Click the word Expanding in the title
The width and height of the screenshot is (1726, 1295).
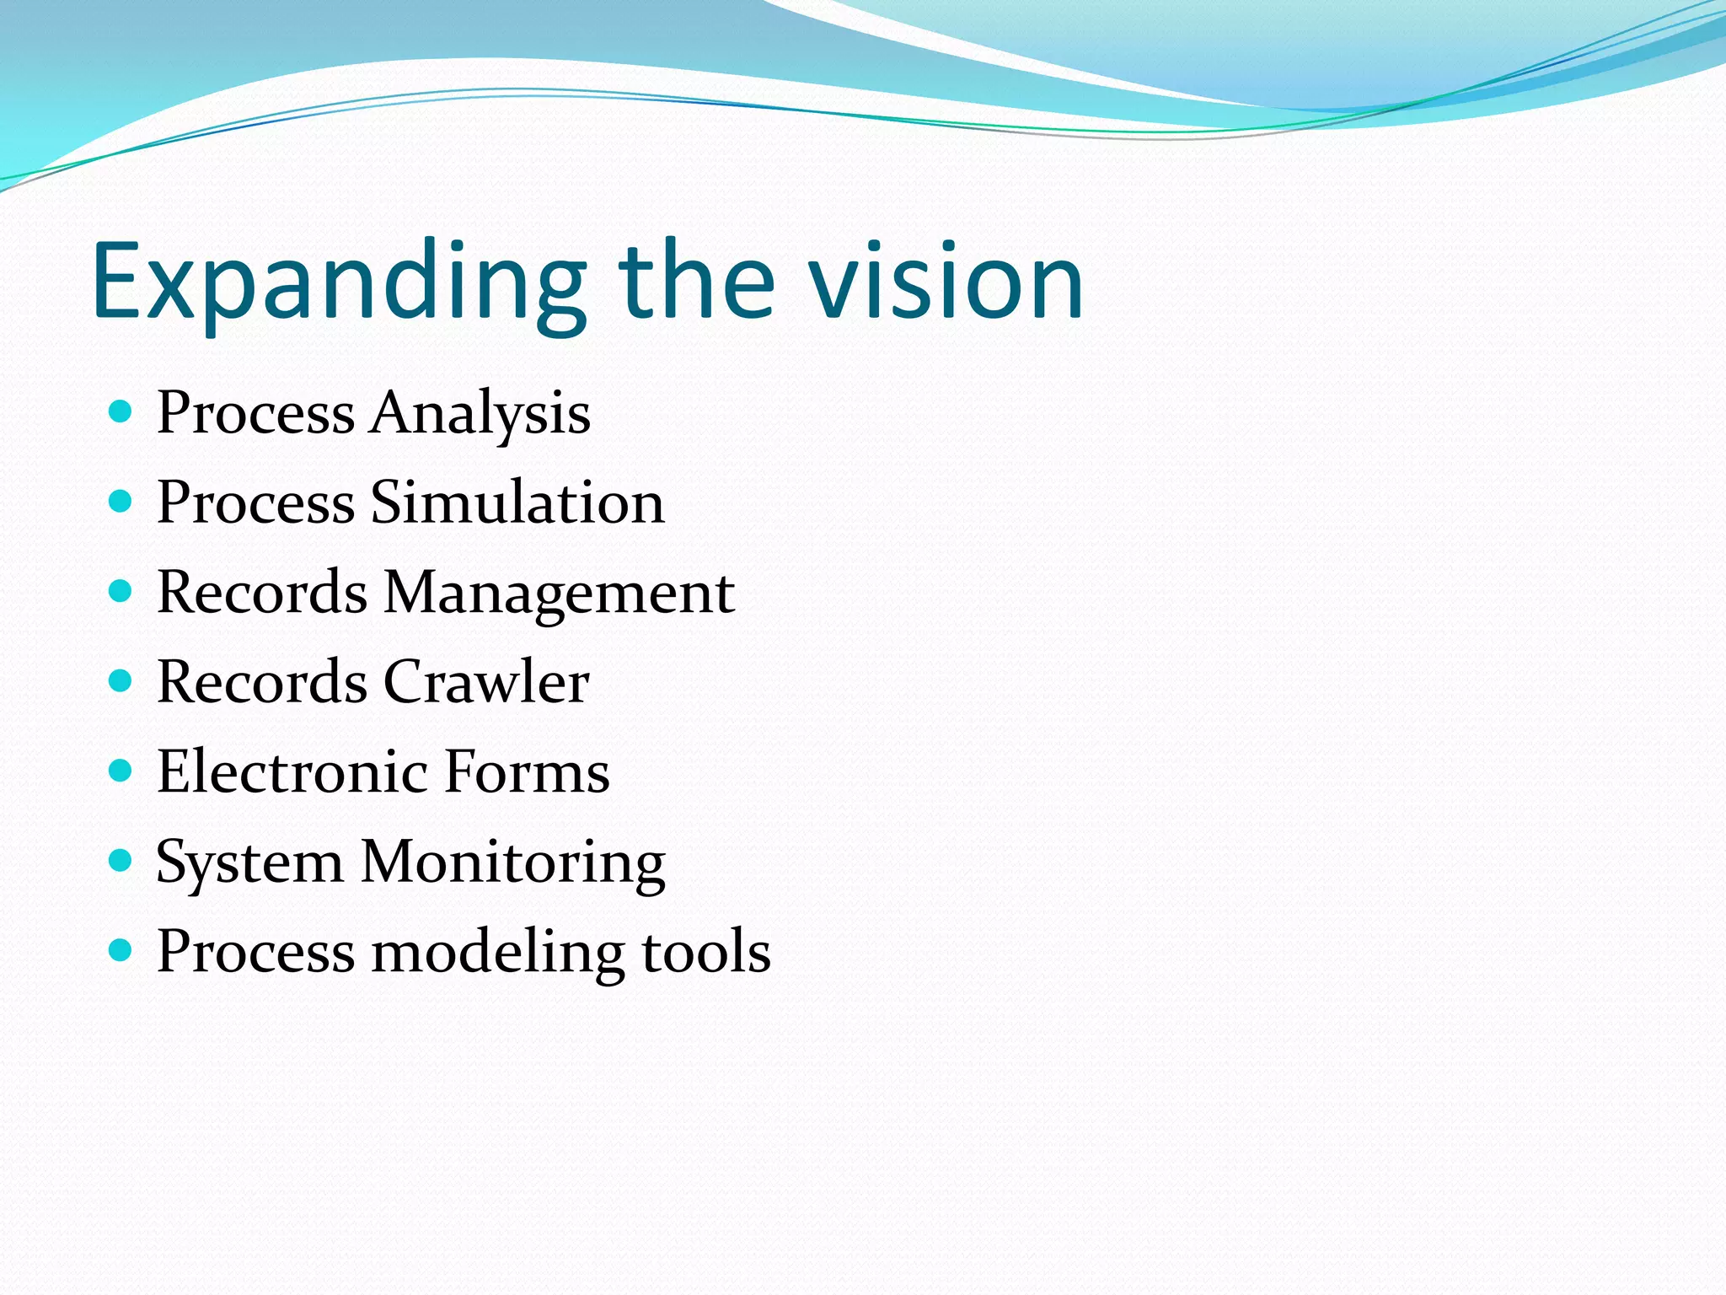click(337, 282)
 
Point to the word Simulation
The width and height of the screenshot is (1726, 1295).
click(517, 502)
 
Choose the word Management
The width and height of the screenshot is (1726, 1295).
click(559, 594)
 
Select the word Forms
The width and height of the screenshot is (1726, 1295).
click(527, 771)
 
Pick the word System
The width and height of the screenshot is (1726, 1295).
click(249, 862)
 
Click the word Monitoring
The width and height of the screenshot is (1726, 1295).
click(513, 862)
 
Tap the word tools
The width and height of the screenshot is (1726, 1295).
click(706, 952)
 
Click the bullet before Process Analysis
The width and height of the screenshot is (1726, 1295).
click(121, 412)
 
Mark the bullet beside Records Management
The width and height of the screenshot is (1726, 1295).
click(121, 592)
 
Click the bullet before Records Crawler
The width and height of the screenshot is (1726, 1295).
click(121, 681)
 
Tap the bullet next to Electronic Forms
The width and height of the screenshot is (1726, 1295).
click(121, 771)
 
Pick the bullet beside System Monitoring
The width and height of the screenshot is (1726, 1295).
click(121, 861)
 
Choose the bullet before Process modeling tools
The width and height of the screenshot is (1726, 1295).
click(121, 951)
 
